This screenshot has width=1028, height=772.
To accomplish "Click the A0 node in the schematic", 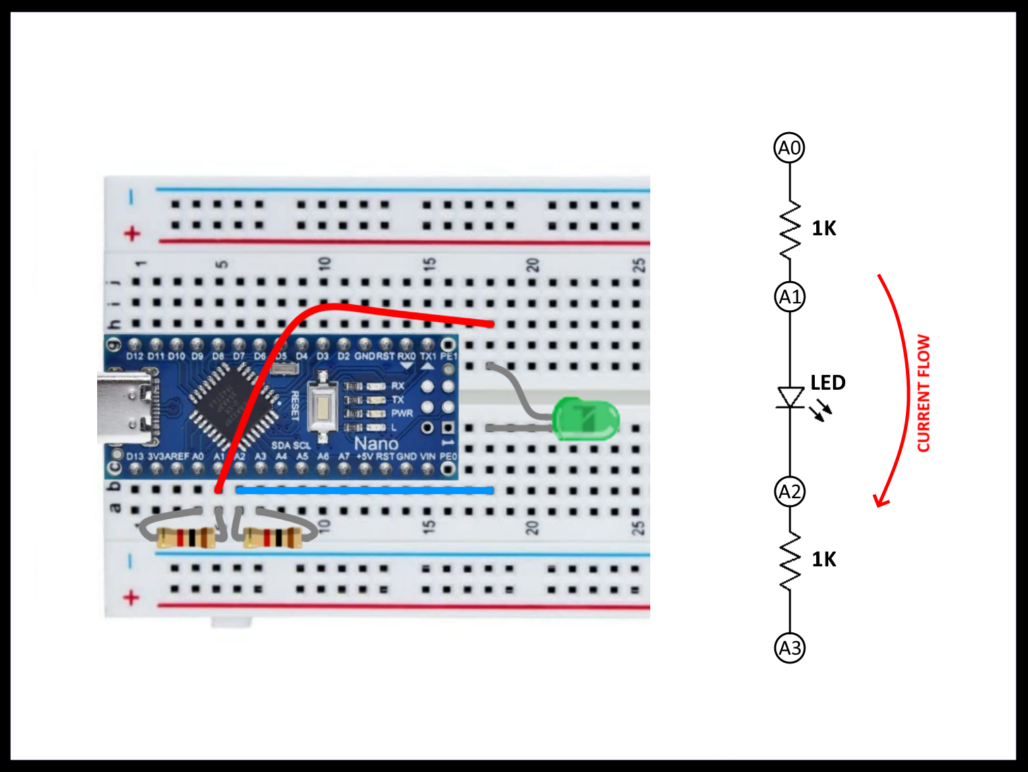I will tap(789, 148).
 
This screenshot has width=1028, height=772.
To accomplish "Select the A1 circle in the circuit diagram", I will tap(789, 297).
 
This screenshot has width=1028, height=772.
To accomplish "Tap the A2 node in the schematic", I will tap(789, 492).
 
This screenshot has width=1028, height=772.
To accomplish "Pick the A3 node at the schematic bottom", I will tap(789, 648).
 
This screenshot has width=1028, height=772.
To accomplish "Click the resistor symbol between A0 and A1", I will tap(790, 229).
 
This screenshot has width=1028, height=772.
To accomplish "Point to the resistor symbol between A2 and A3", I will tap(790, 560).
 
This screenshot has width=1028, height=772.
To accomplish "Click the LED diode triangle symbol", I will tap(790, 396).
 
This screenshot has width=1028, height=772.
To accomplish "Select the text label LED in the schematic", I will tap(828, 383).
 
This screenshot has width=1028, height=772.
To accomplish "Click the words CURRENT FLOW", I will tap(923, 393).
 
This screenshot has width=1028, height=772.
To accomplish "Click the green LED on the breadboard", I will tap(585, 419).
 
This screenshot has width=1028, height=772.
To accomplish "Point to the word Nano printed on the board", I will tap(376, 444).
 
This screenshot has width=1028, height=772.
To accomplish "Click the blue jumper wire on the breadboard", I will tap(364, 491).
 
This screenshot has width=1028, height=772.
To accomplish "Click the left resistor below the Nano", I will tap(185, 538).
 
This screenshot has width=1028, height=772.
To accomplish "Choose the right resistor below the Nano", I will tap(273, 538).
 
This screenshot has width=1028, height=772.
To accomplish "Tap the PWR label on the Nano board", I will tap(402, 413).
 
